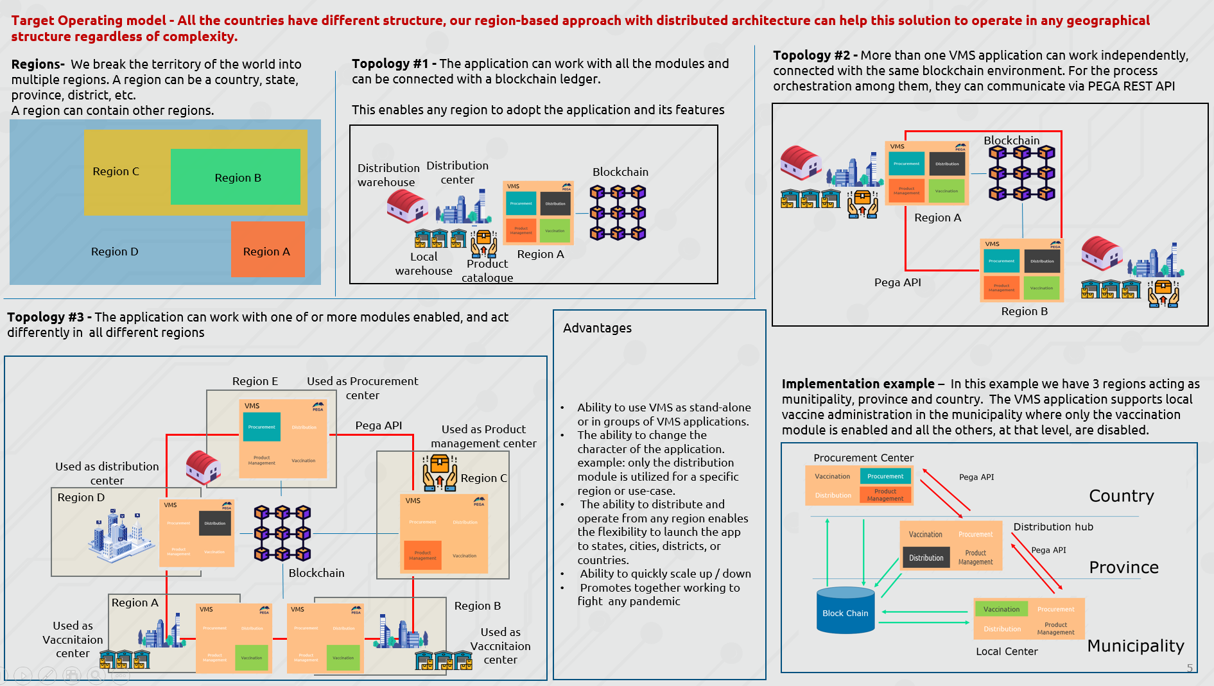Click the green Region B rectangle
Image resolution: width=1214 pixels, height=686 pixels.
coord(236,177)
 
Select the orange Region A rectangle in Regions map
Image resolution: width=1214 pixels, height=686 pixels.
coord(267,250)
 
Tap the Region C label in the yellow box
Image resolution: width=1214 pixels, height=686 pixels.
coord(116,171)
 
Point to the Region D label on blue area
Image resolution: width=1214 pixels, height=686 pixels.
coord(114,252)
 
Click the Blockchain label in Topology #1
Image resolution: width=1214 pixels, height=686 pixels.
coord(620,172)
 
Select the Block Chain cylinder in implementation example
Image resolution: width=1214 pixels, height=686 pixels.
coord(845,611)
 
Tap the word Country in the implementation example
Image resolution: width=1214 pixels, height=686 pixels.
coord(1121,496)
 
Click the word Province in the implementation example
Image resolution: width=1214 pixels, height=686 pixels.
coord(1123,567)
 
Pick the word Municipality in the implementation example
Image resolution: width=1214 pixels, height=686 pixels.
coord(1135,646)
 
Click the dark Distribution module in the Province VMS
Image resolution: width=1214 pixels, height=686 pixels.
coord(926,558)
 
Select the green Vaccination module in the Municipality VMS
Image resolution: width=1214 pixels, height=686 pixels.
coord(1001,609)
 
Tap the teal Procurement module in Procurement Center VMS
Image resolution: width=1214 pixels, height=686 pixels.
coord(885,476)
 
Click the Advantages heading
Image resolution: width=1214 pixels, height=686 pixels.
coord(597,328)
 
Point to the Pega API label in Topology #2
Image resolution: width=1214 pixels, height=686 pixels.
coord(897,282)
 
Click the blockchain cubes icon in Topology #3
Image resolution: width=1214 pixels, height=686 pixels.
coord(282,533)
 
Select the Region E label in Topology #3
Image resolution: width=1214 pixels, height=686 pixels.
coord(255,381)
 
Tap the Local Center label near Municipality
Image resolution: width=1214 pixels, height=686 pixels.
coord(1006,651)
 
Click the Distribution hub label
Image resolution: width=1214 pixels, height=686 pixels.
coord(1053,527)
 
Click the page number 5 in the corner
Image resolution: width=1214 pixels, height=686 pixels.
coord(1190,668)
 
